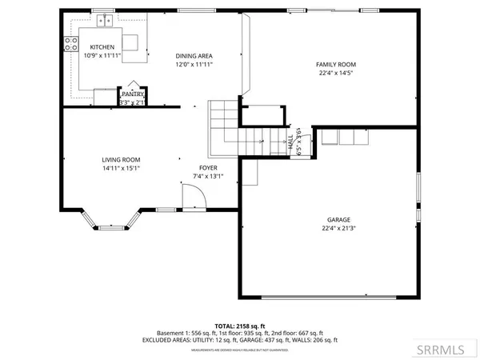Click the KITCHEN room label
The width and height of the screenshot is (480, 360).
click(x=102, y=47)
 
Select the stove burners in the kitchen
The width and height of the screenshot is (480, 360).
click(x=69, y=46)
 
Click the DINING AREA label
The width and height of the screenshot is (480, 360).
click(x=194, y=56)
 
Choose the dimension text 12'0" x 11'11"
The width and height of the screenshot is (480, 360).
click(x=194, y=65)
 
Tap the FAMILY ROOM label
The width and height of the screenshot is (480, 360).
click(x=336, y=64)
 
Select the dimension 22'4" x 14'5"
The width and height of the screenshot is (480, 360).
click(x=336, y=73)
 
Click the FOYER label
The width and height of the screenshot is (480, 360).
click(x=209, y=167)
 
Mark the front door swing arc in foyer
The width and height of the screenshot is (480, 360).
click(x=192, y=198)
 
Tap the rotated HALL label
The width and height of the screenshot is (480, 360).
click(x=290, y=142)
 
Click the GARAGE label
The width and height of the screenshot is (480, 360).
click(x=338, y=218)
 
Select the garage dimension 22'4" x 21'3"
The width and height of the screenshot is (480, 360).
click(x=338, y=227)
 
